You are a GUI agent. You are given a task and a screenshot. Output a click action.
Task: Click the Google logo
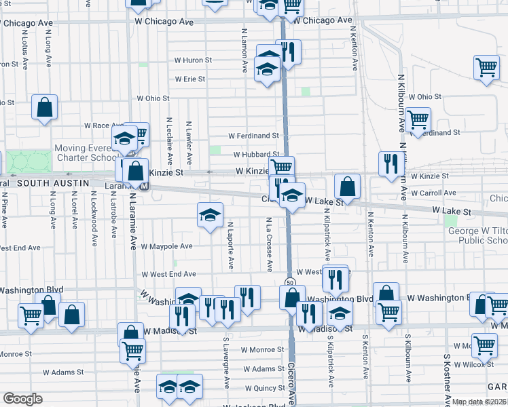[x=22, y=399]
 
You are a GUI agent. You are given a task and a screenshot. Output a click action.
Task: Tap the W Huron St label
[x=193, y=60]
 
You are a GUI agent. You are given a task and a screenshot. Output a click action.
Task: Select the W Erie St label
[x=189, y=79]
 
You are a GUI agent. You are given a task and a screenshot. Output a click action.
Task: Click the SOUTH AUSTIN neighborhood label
[x=54, y=183]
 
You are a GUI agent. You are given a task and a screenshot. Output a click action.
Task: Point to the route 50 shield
[x=289, y=282]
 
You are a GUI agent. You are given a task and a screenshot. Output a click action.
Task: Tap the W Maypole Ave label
[x=167, y=246]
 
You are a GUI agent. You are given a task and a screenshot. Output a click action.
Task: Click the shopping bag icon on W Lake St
[x=347, y=187]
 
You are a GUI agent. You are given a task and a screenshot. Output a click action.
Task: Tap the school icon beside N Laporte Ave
[x=211, y=215]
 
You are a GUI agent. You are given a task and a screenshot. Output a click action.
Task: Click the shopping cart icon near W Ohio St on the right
[x=418, y=119]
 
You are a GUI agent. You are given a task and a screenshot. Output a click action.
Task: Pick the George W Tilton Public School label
[x=477, y=236]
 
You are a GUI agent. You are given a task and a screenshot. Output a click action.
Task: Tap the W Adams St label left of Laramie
[x=63, y=372]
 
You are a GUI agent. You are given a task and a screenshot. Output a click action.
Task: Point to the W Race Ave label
[x=101, y=125]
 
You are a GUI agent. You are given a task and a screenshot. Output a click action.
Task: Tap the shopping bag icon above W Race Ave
[x=44, y=107]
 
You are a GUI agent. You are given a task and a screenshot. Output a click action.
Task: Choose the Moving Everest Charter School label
[x=86, y=153]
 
